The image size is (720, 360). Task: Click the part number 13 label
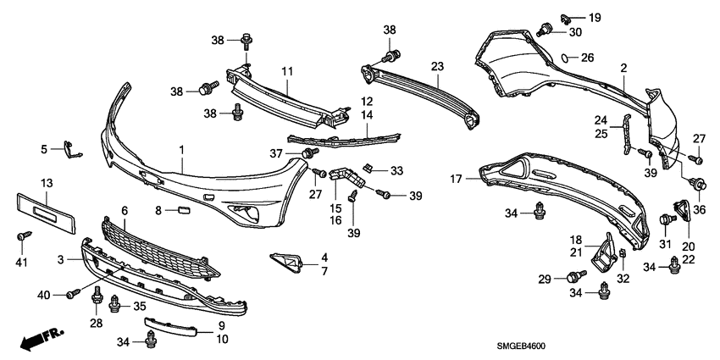coord(47,183)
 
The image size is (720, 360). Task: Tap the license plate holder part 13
coord(46,209)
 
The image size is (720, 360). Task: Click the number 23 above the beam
coord(437,65)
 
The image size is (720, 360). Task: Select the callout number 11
coord(287,70)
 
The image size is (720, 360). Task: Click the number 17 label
coord(455,179)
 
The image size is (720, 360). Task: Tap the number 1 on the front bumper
coord(180,149)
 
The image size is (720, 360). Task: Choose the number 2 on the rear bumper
coord(623,67)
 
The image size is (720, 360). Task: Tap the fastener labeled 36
coord(700,184)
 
